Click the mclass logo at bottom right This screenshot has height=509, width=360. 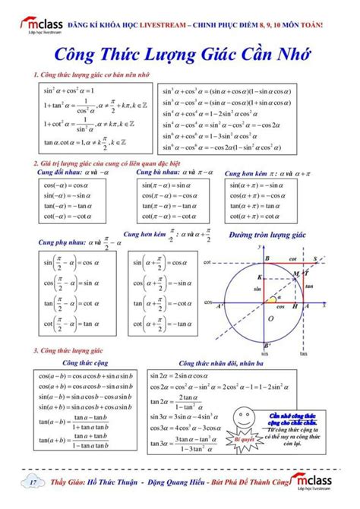coord(331,483)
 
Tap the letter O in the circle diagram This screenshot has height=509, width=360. coord(270,319)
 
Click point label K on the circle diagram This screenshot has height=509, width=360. coord(260,276)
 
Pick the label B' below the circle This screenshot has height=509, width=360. coord(265,348)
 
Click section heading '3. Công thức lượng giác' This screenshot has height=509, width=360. coord(68,350)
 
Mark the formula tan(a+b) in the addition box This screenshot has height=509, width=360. coord(79,440)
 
